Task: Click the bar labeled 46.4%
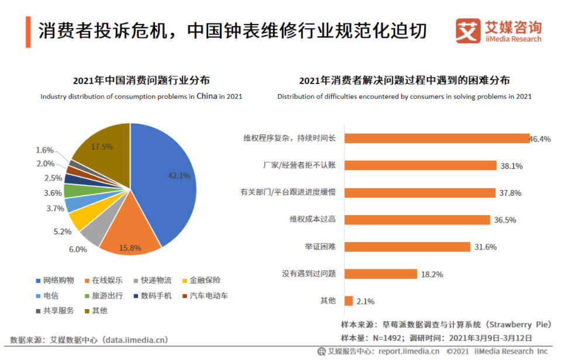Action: pyautogui.click(x=436, y=139)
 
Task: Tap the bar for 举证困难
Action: pyautogui.click(x=407, y=247)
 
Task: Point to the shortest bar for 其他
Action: pyautogui.click(x=349, y=301)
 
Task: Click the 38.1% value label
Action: pyautogui.click(x=511, y=166)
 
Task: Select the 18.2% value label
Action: pyautogui.click(x=432, y=274)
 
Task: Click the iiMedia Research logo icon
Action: pyautogui.click(x=468, y=31)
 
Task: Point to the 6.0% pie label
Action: pyautogui.click(x=78, y=249)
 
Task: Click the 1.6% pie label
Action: pyautogui.click(x=44, y=150)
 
